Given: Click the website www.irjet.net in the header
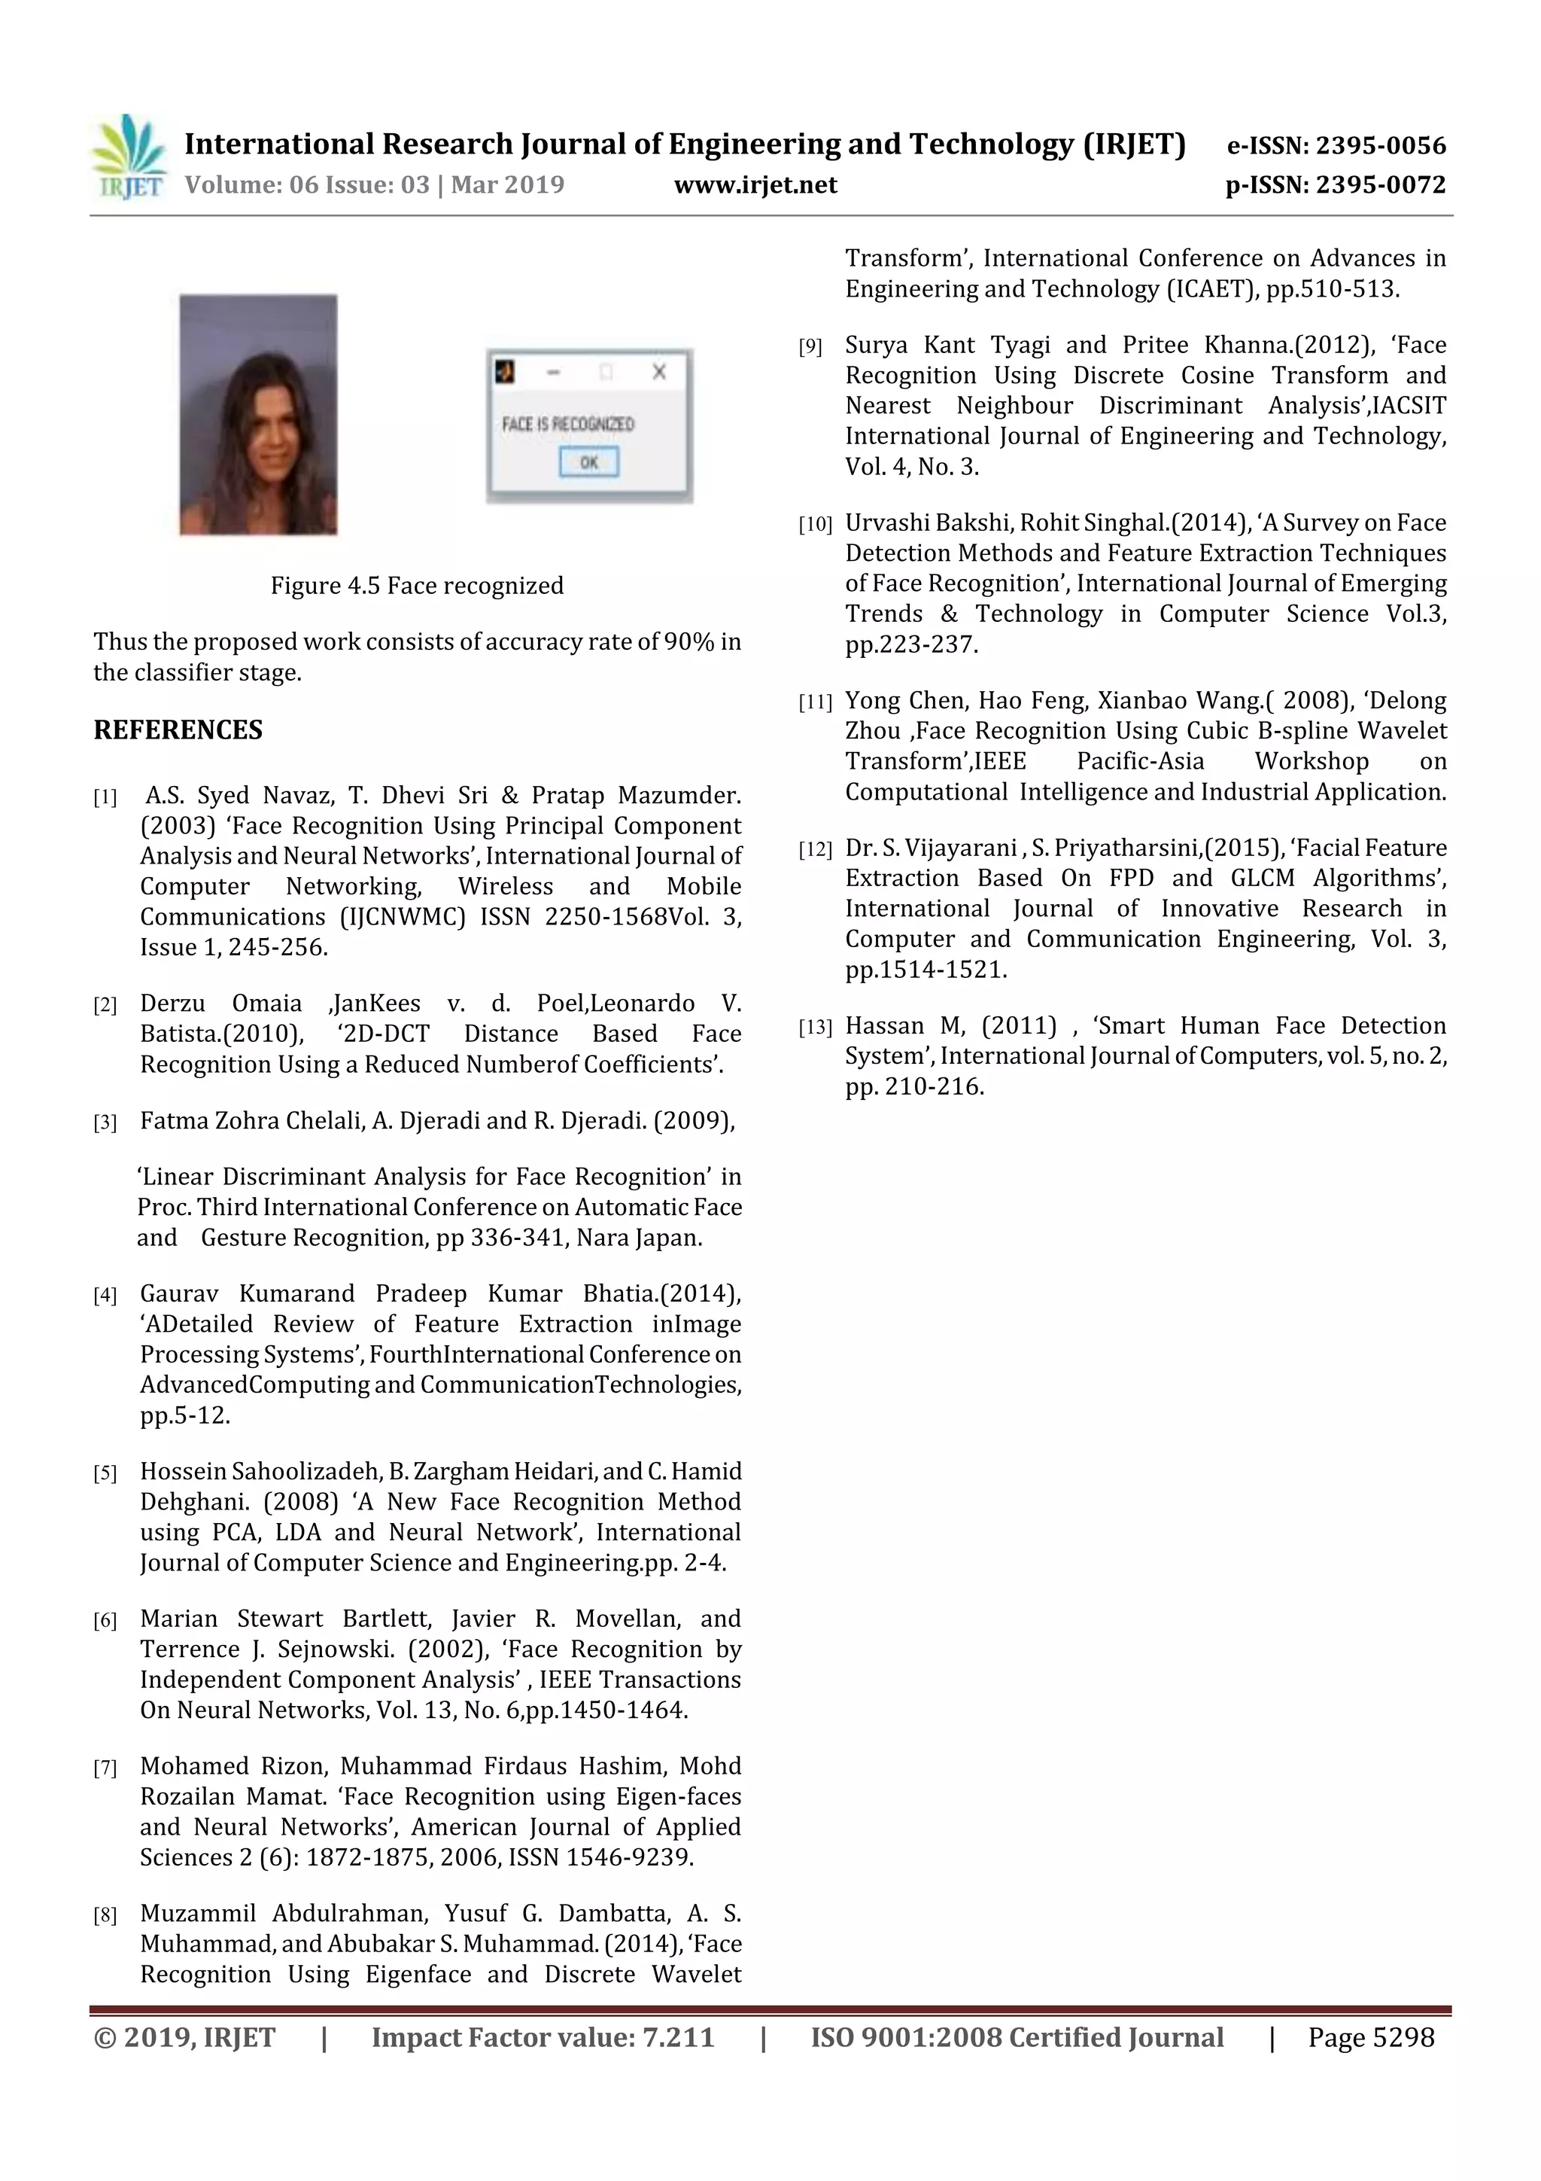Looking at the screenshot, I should coord(755,185).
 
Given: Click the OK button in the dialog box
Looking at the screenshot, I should coord(588,462).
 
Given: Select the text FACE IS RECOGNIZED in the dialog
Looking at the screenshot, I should coord(568,424).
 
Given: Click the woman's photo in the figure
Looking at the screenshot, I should coord(258,415).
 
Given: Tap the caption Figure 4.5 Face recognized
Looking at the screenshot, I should coord(417,585).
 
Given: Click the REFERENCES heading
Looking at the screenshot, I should coord(178,730).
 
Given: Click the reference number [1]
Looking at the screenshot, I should coord(105,797).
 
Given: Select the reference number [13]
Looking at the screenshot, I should coord(815,1027).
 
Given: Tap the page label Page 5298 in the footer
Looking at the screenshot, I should coord(1370,2037).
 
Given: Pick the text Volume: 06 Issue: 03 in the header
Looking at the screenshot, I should coord(308,185).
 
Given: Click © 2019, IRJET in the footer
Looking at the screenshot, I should coord(184,2037).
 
